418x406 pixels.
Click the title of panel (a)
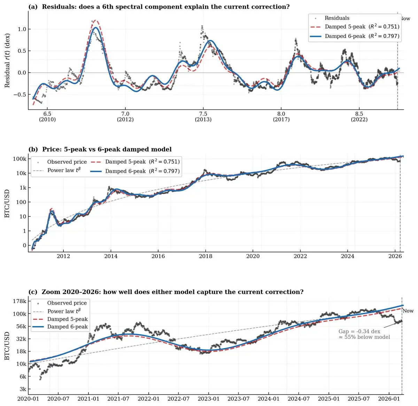point(159,7)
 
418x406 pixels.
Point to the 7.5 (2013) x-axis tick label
point(203,116)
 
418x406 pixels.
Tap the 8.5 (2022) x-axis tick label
point(359,116)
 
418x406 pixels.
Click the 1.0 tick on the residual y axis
point(22,29)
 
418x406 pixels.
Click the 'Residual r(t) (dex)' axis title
point(7,60)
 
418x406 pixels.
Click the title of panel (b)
point(100,149)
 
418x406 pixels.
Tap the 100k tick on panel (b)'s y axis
point(20,159)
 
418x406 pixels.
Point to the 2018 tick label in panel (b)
point(206,257)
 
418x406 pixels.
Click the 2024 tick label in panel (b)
point(348,257)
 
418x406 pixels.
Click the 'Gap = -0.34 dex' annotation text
point(359,331)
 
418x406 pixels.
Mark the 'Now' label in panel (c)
point(408,311)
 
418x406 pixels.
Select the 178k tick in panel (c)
point(20,301)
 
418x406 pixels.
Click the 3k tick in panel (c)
point(22,389)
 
